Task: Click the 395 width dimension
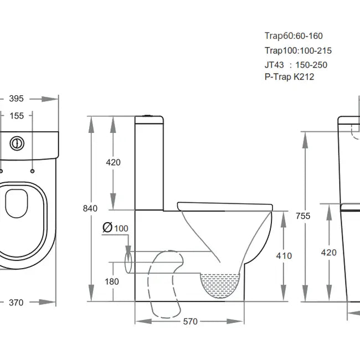pyautogui.click(x=17, y=99)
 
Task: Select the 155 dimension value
pyautogui.click(x=17, y=116)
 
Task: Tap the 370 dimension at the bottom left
pyautogui.click(x=17, y=302)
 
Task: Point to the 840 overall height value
pyautogui.click(x=90, y=209)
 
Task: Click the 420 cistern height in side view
pyautogui.click(x=113, y=162)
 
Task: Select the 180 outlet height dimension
pyautogui.click(x=112, y=281)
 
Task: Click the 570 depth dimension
pyautogui.click(x=190, y=321)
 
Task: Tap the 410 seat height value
pyautogui.click(x=284, y=256)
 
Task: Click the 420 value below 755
pyautogui.click(x=328, y=253)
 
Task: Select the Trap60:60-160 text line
pyautogui.click(x=294, y=36)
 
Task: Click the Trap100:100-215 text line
pyautogui.click(x=298, y=50)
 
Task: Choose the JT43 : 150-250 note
pyautogui.click(x=296, y=65)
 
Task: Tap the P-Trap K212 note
pyautogui.click(x=289, y=77)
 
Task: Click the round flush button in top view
pyautogui.click(x=17, y=142)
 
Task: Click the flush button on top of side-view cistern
pyautogui.click(x=148, y=115)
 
